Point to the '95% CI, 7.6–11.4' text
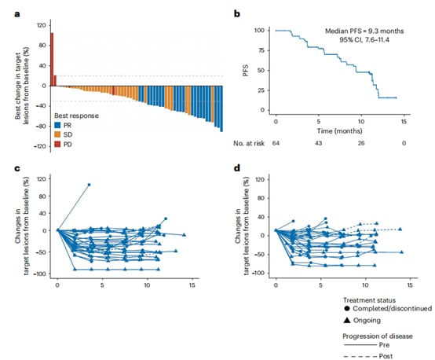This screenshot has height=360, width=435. pyautogui.click(x=370, y=39)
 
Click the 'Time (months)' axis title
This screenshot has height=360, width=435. pyautogui.click(x=339, y=130)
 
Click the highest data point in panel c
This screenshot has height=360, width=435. pyautogui.click(x=89, y=185)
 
